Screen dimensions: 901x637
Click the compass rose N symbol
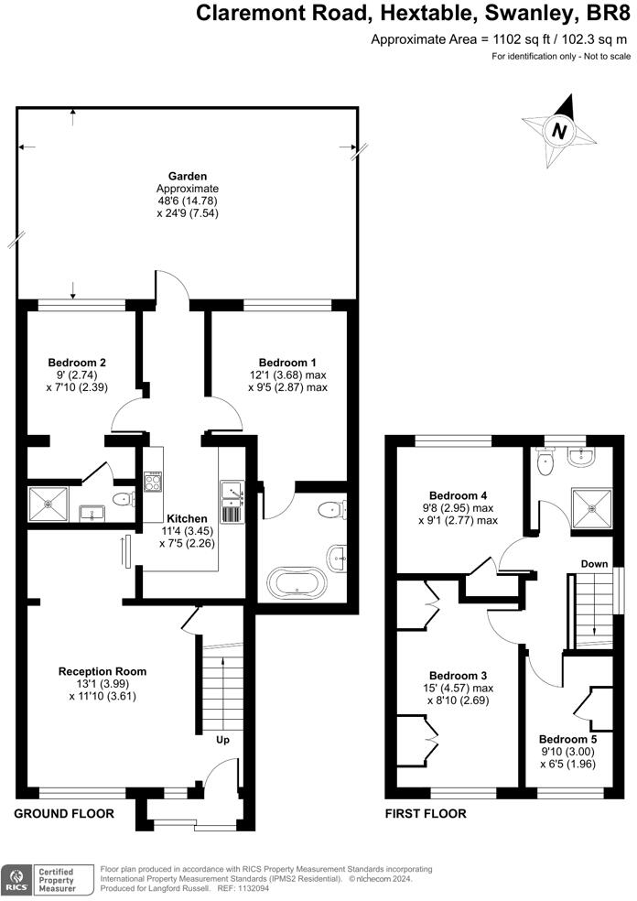(x=558, y=132)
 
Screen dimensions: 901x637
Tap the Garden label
(x=187, y=176)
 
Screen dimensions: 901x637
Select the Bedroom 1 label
(x=287, y=362)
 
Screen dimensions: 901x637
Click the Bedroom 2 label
(x=78, y=362)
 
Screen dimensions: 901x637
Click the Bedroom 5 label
(x=567, y=739)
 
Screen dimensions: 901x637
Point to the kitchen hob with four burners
(x=153, y=481)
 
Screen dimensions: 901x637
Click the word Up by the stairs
(x=222, y=738)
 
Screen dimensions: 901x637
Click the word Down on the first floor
(x=595, y=564)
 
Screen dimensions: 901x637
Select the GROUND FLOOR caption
(x=64, y=813)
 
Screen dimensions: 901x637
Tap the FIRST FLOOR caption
(x=426, y=813)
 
